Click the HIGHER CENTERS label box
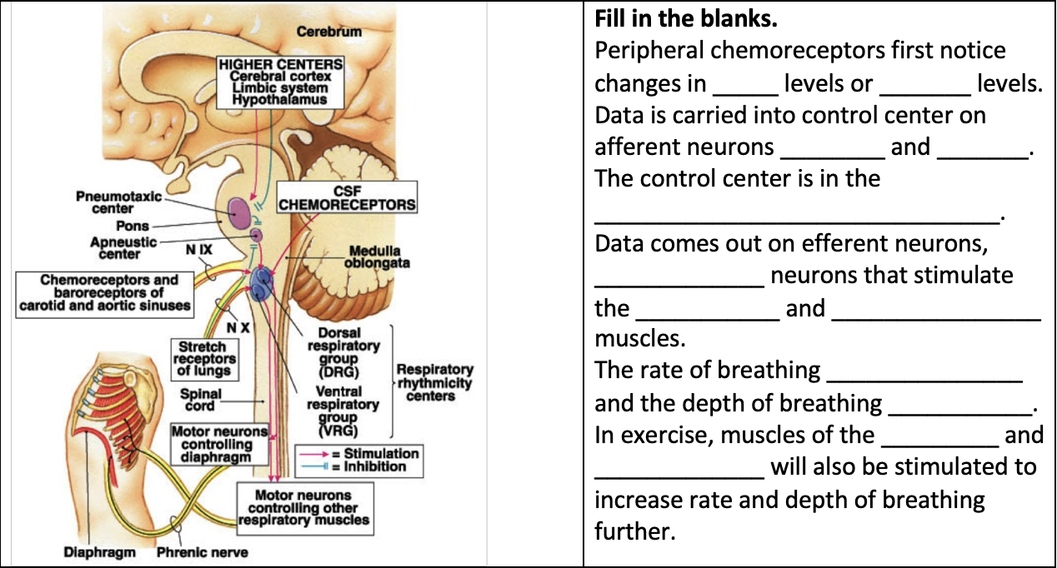280,82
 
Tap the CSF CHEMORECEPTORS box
347,197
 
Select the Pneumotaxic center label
118,202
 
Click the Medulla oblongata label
374,257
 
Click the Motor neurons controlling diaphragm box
220,444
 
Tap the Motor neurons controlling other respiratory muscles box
303,508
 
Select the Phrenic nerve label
203,552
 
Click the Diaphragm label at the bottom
99,552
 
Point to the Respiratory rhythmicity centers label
433,382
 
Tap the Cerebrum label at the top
329,32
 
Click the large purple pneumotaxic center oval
238,208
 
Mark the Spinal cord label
201,399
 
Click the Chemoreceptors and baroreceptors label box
104,292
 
